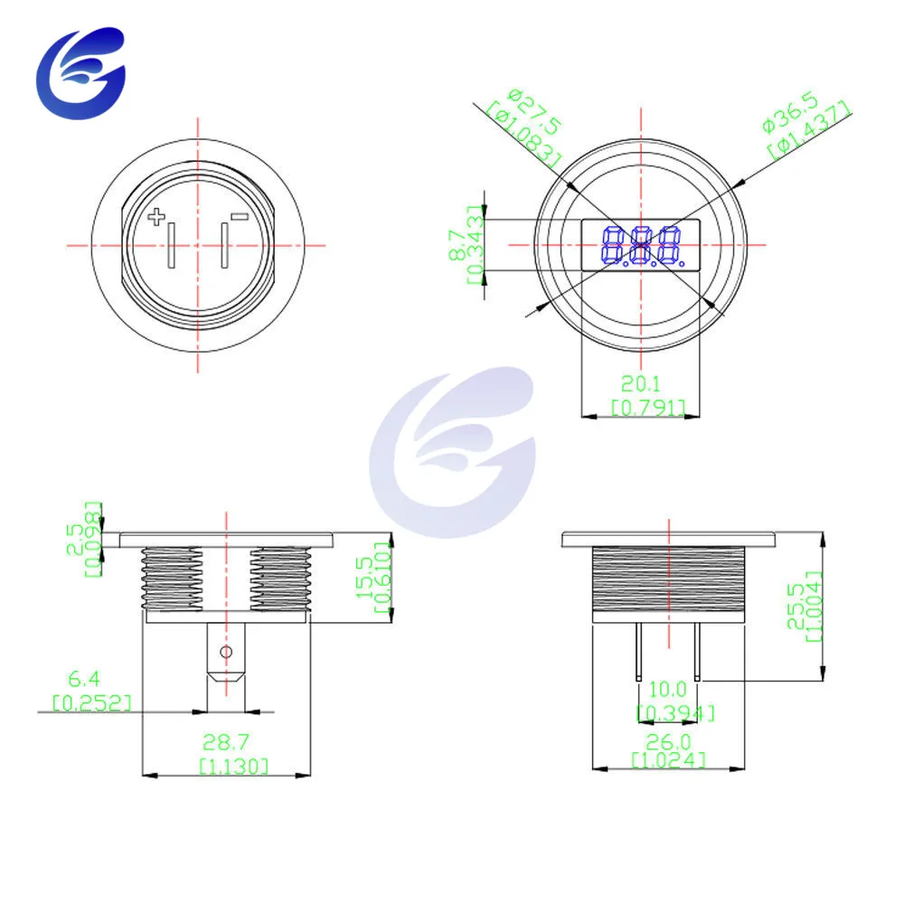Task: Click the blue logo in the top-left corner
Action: tap(80, 73)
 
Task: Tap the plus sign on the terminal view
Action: tap(156, 217)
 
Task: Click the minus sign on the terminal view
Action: tap(240, 217)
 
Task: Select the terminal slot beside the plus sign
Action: tap(171, 245)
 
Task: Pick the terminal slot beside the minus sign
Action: tap(225, 245)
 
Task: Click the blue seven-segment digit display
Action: tap(643, 247)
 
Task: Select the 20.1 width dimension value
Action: tap(641, 383)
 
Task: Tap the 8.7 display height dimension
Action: tap(458, 245)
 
